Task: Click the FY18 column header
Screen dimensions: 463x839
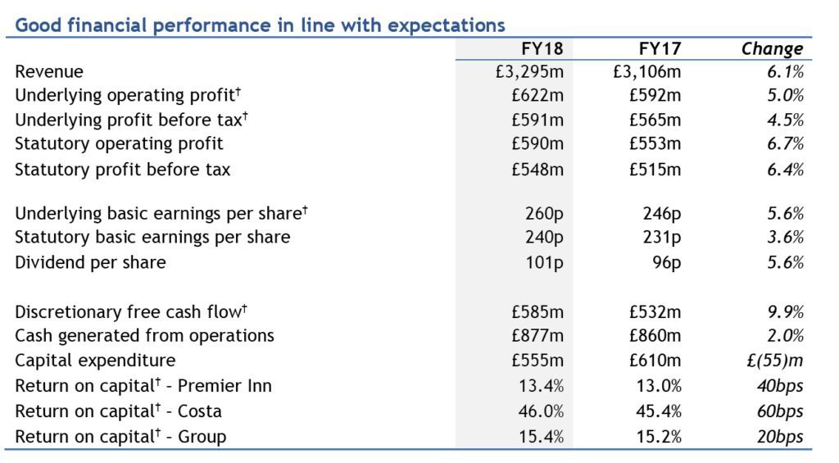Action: coord(542,48)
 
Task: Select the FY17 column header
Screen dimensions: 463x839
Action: coord(660,48)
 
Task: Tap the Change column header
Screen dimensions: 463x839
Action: coord(772,48)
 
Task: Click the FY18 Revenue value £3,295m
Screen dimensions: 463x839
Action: coord(530,71)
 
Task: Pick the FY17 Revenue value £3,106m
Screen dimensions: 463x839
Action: coord(647,71)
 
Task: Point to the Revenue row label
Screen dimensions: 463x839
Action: coord(49,71)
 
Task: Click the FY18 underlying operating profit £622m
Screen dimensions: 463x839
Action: coord(537,95)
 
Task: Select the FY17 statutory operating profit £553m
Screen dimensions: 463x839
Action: coord(655,143)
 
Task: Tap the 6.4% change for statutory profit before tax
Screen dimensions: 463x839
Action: coord(785,170)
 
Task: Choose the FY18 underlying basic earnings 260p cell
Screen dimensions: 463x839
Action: coord(545,214)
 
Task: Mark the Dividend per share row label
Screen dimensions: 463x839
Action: coord(90,263)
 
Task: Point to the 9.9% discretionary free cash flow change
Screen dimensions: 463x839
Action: coord(785,311)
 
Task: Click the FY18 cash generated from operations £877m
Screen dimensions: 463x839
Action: coord(537,336)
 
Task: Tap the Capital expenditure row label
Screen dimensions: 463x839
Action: coord(95,361)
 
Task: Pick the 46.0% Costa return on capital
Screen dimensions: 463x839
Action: coord(541,411)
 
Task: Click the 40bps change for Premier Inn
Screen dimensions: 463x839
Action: coord(780,386)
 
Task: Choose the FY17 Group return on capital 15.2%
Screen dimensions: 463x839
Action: coord(659,437)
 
